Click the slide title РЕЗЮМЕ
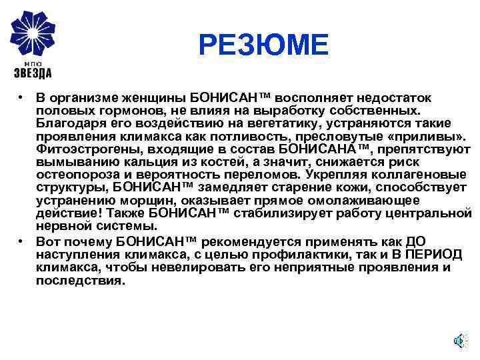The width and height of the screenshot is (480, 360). coord(263,46)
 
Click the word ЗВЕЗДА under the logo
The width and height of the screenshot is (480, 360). coord(33,73)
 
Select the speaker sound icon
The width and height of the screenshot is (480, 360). coord(459,341)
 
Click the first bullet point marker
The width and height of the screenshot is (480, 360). coord(22,98)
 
